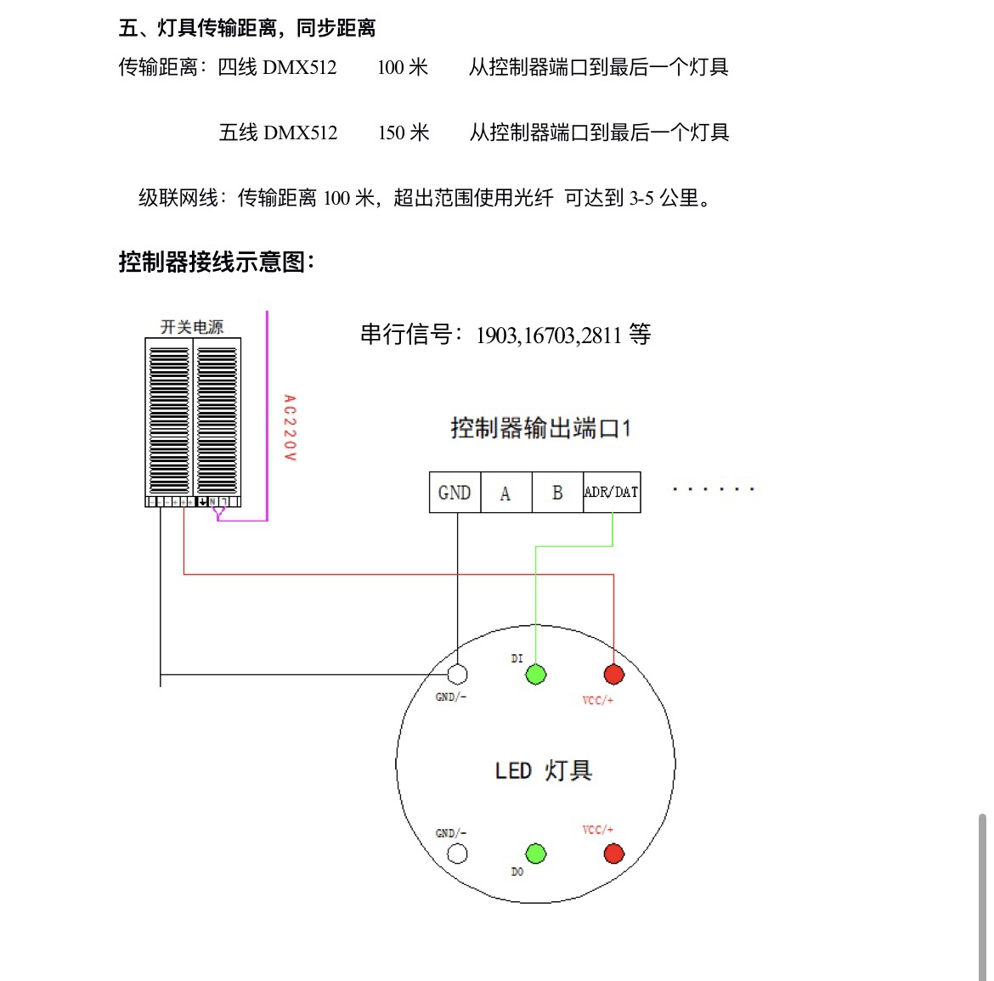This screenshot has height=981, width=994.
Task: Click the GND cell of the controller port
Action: point(455,493)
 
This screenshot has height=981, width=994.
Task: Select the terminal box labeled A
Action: point(506,493)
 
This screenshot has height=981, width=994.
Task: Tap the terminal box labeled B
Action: point(558,493)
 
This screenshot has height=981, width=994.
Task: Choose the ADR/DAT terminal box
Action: point(612,493)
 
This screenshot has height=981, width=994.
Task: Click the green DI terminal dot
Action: point(536,674)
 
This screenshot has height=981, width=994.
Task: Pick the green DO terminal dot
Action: point(536,854)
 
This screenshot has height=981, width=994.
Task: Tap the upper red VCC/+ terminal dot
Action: point(613,674)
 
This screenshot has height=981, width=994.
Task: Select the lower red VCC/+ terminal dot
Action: point(613,854)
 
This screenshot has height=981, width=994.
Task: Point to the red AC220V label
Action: point(290,428)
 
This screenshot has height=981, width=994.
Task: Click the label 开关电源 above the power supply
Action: point(192,327)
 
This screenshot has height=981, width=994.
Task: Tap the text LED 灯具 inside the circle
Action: point(543,770)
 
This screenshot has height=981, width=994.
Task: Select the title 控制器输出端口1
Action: point(540,428)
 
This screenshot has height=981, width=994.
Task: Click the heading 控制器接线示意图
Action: point(216,262)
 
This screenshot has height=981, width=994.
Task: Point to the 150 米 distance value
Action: point(404,132)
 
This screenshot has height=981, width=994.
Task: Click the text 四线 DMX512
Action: point(277,67)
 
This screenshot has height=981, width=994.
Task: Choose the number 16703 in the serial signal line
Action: point(550,335)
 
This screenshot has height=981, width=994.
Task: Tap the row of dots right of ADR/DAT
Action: point(714,489)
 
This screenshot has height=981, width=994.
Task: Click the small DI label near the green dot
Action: point(517,659)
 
